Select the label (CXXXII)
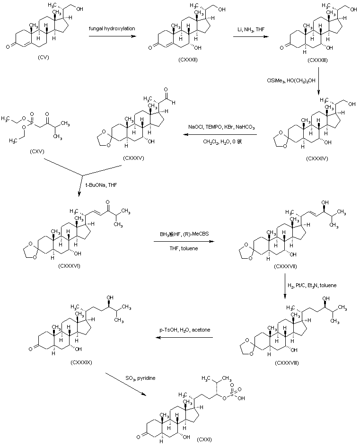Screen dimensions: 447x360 tap(188, 61)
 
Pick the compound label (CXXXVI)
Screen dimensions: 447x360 tap(70, 266)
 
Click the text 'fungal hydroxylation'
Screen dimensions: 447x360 tap(112, 29)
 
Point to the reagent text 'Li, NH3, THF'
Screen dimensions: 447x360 tap(251, 29)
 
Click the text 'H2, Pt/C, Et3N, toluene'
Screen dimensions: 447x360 tap(312, 285)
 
